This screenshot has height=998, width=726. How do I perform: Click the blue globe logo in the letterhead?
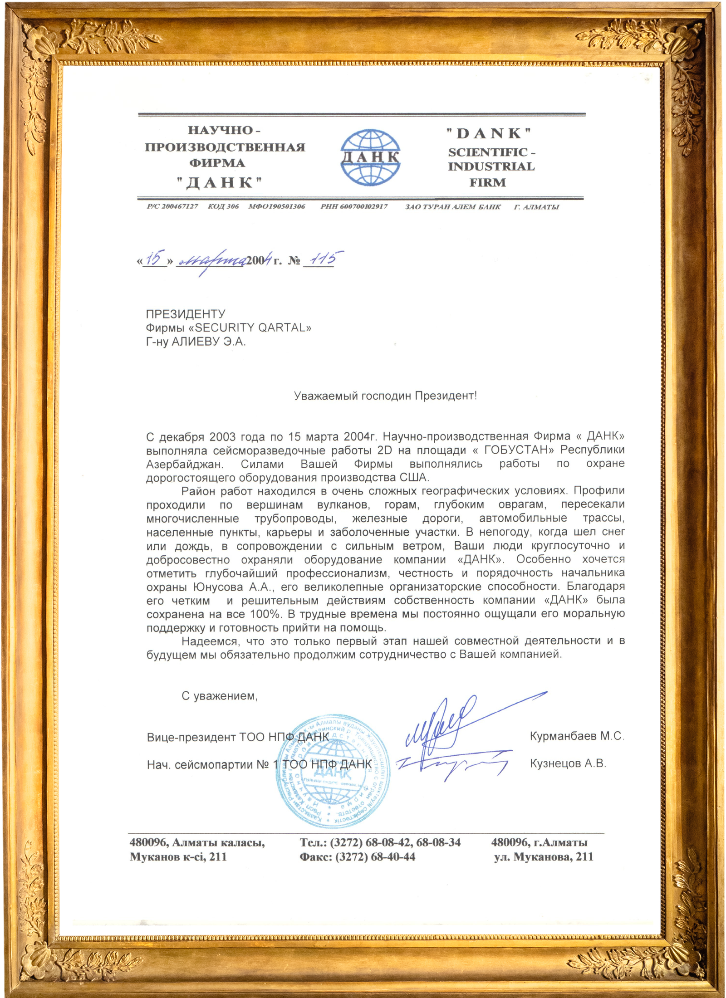(x=370, y=157)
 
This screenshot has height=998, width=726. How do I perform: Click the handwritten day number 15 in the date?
(x=155, y=258)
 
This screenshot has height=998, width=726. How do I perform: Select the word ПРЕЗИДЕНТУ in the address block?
(x=186, y=314)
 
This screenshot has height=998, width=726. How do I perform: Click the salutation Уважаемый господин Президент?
(x=385, y=396)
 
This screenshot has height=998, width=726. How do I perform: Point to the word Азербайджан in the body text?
(x=185, y=464)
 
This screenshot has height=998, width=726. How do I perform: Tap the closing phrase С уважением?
(x=220, y=696)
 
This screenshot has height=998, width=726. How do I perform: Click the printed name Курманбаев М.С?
(x=577, y=736)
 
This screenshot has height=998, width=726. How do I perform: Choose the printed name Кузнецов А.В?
(x=568, y=764)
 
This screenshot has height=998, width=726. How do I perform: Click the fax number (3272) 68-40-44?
(x=375, y=857)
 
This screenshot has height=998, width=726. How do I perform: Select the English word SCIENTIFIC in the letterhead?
(x=488, y=152)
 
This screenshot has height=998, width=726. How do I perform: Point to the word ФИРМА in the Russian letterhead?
(x=217, y=163)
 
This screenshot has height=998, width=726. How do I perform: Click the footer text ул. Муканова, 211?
(x=544, y=857)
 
